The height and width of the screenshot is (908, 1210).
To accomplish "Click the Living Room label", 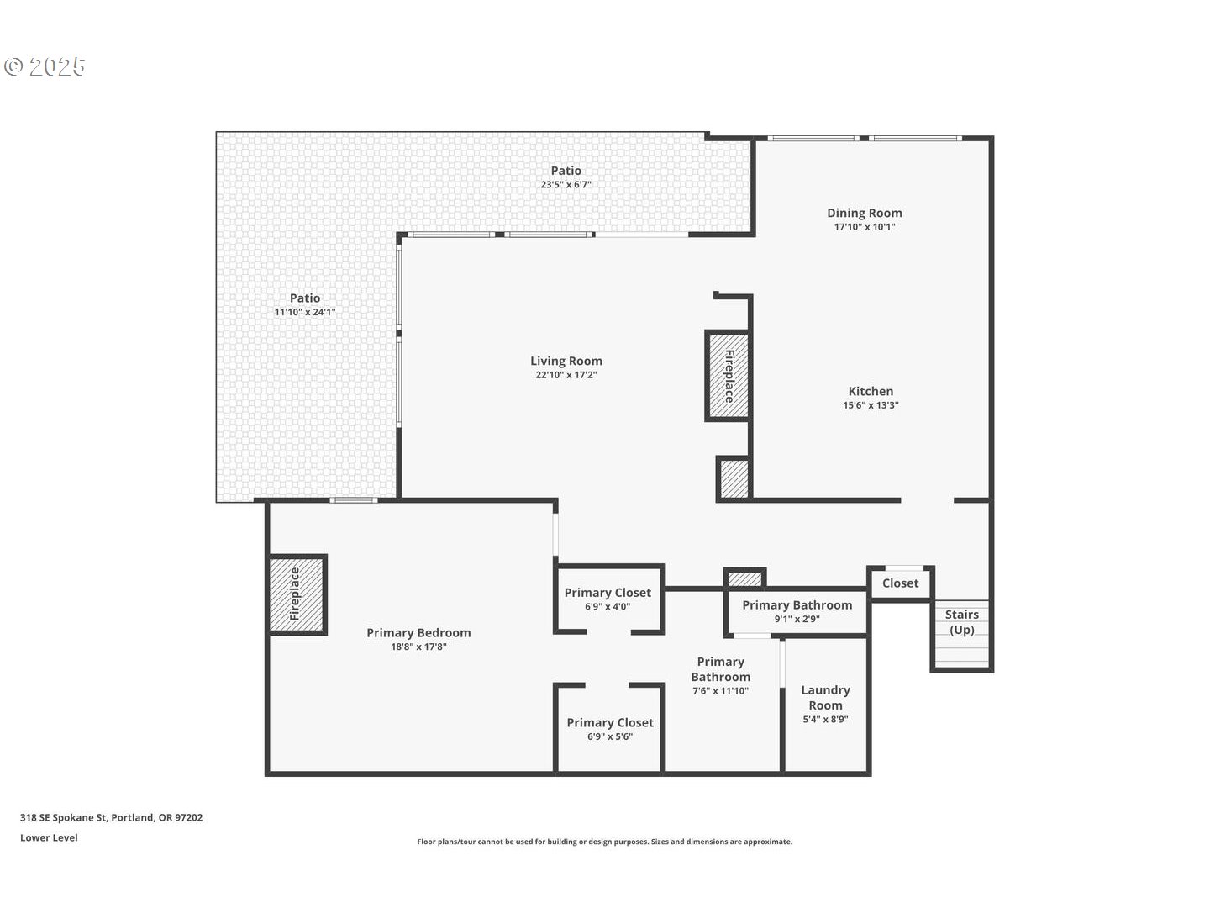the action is (x=566, y=362).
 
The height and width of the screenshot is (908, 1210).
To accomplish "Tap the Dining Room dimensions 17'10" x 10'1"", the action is (x=865, y=227).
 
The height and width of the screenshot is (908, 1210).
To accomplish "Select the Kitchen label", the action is (x=871, y=392).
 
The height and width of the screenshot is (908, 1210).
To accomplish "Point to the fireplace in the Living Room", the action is (x=729, y=376).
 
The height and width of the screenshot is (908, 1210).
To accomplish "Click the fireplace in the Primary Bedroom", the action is (x=297, y=594).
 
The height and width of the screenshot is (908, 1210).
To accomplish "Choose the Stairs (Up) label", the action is (x=962, y=622).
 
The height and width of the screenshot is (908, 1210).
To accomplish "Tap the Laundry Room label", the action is (x=825, y=698).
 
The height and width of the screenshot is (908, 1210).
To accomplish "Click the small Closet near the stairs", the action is (x=900, y=583).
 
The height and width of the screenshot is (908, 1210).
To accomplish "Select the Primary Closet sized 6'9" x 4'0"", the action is (x=608, y=599).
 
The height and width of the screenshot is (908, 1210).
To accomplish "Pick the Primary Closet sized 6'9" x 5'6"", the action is (x=610, y=728).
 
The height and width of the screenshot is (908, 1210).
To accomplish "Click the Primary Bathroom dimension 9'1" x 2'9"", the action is (x=797, y=619).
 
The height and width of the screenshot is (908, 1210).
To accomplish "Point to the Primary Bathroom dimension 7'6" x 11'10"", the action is (x=720, y=691).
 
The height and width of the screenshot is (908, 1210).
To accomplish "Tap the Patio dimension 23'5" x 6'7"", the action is (x=566, y=185).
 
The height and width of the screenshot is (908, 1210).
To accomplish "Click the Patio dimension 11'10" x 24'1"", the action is (x=305, y=312).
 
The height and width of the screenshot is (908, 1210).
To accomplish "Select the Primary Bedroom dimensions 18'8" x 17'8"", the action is (x=419, y=647).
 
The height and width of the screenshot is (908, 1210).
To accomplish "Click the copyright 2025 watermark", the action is (x=45, y=66).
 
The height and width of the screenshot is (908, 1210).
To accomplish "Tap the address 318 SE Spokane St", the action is (x=63, y=817).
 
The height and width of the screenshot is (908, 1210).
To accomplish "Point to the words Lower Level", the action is (x=49, y=838).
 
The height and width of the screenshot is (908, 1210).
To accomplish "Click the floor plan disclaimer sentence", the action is (x=605, y=842).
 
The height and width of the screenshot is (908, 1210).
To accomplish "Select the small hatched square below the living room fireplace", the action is (x=734, y=478).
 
